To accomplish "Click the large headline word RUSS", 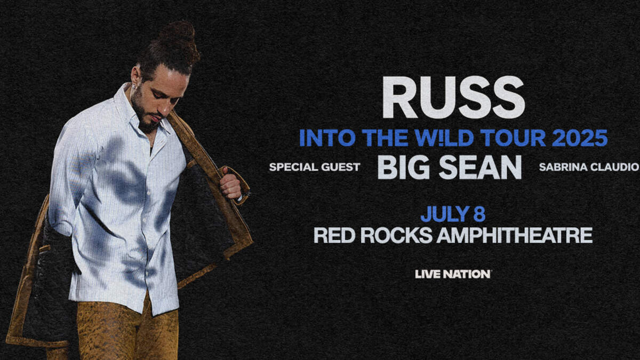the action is click(x=453, y=97).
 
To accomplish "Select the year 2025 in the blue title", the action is click(x=580, y=138).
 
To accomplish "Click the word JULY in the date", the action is click(x=445, y=214).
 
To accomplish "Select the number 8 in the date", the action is click(x=479, y=214).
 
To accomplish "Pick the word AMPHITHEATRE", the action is click(x=514, y=235).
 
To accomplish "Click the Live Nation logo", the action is click(x=453, y=274).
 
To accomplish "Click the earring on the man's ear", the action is click(x=134, y=87).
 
